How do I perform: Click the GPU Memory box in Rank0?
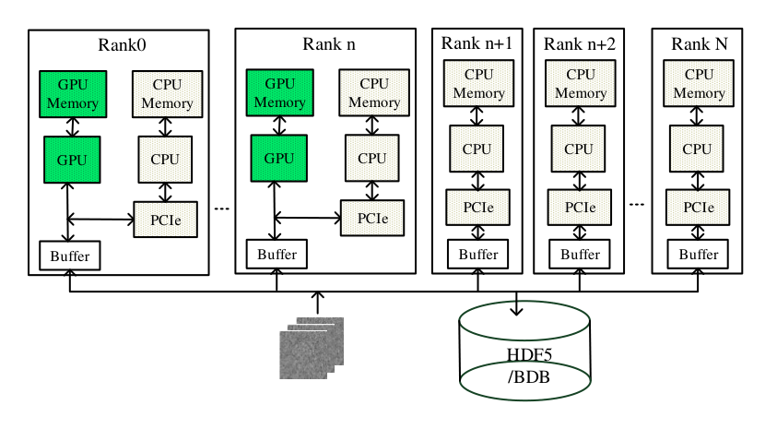pyautogui.click(x=73, y=94)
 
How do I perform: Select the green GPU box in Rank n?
pyautogui.click(x=279, y=158)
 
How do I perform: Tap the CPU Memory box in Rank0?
pyautogui.click(x=168, y=94)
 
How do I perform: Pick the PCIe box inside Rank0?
pyautogui.click(x=166, y=220)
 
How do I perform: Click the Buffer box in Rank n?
pyautogui.click(x=277, y=255)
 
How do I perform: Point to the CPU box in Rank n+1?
pyautogui.click(x=477, y=149)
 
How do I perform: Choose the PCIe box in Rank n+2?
pyautogui.click(x=580, y=208)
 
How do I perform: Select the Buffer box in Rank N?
pyautogui.click(x=698, y=255)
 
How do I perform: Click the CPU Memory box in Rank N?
pyautogui.click(x=699, y=83)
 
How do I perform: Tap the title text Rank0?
pyautogui.click(x=122, y=45)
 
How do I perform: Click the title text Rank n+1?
pyautogui.click(x=477, y=43)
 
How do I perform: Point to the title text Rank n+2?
pyautogui.click(x=579, y=44)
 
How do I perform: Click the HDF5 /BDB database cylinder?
pyautogui.click(x=524, y=351)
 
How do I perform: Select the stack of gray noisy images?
pyautogui.click(x=312, y=348)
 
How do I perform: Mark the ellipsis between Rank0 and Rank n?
pyautogui.click(x=221, y=209)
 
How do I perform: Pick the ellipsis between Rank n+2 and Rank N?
pyautogui.click(x=637, y=204)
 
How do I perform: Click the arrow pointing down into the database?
pyautogui.click(x=517, y=304)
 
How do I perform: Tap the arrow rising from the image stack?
pyautogui.click(x=318, y=303)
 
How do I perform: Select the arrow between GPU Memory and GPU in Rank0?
pyautogui.click(x=73, y=127)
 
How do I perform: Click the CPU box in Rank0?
pyautogui.click(x=165, y=160)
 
